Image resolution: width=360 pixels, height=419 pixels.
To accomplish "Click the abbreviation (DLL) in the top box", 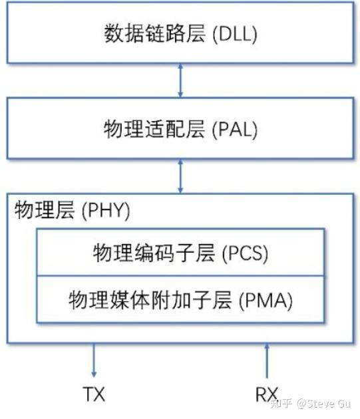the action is coord(235,34).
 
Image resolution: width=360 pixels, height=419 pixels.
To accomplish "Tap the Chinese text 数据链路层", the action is coord(155,33).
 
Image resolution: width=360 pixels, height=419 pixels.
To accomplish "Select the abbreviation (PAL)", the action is coord(235,130).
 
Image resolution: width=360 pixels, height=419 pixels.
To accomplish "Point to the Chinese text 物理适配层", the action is coord(154,129).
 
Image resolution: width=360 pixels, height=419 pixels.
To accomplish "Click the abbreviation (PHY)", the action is coord(106,210).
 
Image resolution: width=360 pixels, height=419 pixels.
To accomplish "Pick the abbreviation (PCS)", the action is coord(245,253).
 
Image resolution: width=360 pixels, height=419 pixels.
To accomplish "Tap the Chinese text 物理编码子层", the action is coord(154,253).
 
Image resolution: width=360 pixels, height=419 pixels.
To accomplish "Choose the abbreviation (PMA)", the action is coord(266,301).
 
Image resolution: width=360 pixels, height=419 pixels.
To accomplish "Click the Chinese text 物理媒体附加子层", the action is coord(150,300).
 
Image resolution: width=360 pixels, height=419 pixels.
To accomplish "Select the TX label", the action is coord(94,394).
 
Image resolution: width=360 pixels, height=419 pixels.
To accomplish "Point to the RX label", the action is coord(266,394).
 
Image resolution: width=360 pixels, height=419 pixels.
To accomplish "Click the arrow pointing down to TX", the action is coord(94,360).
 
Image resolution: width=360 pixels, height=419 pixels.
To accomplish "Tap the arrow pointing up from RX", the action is coord(266,360).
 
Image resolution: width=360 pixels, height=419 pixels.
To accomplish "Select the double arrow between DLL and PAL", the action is coord(180,80).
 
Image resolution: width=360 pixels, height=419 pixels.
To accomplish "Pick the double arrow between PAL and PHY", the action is coord(180,176).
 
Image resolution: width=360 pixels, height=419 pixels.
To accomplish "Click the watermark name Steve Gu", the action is coord(329,403).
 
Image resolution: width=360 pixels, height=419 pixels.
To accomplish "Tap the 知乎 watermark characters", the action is coord(281,403).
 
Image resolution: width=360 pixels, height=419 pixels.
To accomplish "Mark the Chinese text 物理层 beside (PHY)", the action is coord(45,209).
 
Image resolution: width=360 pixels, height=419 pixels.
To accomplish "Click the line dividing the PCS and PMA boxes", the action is coord(180,276).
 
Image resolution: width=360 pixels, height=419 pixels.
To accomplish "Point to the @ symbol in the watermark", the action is coord(301,404).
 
